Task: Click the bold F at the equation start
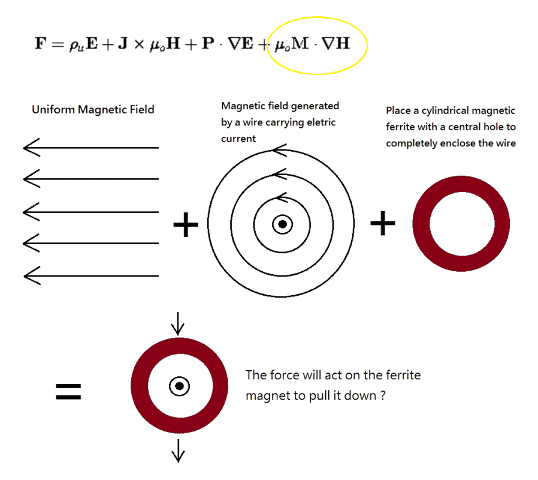pyautogui.click(x=40, y=44)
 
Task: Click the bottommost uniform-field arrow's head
pyautogui.click(x=29, y=276)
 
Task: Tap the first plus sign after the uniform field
pyautogui.click(x=185, y=226)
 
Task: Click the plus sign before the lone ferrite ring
pyautogui.click(x=382, y=224)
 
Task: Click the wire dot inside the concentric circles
pyautogui.click(x=282, y=224)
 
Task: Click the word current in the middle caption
pyautogui.click(x=238, y=139)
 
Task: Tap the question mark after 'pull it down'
pyautogui.click(x=382, y=396)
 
